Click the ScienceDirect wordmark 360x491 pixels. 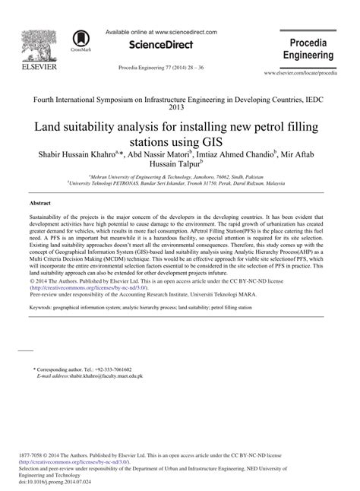[x=161, y=46]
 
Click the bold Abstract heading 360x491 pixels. [x=40, y=204]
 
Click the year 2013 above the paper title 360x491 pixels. [x=180, y=107]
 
